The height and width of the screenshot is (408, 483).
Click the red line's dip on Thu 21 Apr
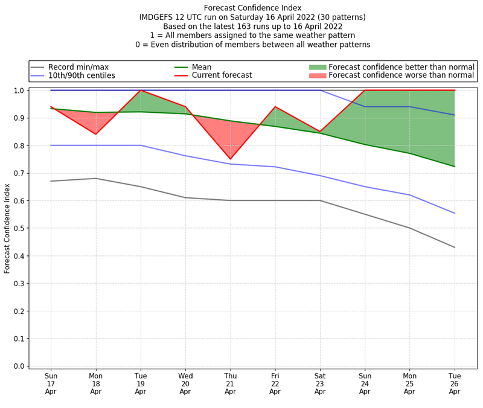230,159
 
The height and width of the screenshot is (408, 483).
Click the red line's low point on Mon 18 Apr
95,134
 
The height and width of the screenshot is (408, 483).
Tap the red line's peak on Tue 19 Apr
141,91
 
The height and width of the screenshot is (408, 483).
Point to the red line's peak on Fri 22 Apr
275,107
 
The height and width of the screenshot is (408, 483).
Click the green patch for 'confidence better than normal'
318,67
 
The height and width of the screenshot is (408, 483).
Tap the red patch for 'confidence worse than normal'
318,75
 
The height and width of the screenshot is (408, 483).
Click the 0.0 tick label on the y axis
19,366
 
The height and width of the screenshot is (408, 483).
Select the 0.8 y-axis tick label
19,145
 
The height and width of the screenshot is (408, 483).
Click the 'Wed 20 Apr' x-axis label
185,383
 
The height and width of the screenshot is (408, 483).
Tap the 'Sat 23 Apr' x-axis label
320,383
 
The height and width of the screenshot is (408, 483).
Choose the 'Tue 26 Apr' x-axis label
455,383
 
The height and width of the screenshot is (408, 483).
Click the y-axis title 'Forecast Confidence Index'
7,228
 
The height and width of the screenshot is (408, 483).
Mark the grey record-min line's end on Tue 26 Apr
455,247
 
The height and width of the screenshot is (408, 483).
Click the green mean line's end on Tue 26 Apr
455,167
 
